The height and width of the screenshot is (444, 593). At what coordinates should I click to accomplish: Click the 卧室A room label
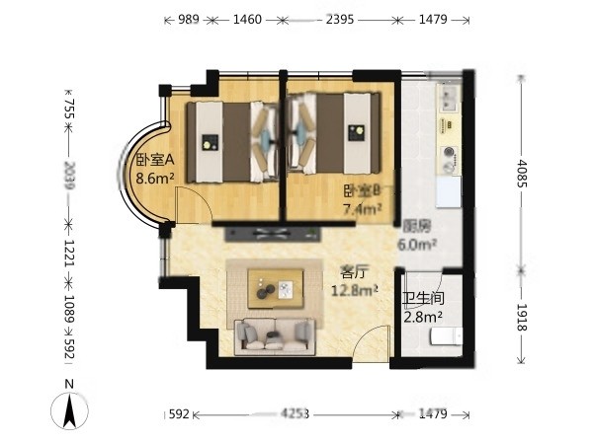[155, 160]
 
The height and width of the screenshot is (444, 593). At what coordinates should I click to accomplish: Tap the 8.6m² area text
[155, 178]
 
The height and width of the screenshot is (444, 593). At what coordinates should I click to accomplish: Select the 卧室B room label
[362, 191]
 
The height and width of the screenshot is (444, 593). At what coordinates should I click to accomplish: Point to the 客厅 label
[354, 271]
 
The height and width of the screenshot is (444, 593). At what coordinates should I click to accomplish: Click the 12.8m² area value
[355, 290]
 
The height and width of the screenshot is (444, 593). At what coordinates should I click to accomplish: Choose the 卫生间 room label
[423, 298]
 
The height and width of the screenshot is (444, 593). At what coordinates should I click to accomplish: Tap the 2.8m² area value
[423, 317]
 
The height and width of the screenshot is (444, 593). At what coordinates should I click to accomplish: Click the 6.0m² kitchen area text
[417, 245]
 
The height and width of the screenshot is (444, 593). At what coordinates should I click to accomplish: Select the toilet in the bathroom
[447, 336]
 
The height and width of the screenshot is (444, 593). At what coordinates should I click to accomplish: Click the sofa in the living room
[275, 336]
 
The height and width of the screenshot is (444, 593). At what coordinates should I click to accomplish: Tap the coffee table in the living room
[276, 289]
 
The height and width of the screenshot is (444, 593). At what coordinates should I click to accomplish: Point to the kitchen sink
[450, 99]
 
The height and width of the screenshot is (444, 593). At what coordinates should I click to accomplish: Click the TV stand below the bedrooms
[273, 234]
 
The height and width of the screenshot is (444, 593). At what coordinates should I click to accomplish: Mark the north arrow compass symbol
[69, 410]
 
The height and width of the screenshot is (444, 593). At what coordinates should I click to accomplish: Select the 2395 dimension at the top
[340, 20]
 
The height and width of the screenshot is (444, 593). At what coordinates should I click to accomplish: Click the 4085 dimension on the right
[522, 174]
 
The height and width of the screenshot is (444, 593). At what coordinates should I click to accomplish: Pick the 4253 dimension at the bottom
[295, 414]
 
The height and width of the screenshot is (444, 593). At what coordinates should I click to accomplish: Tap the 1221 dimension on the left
[69, 253]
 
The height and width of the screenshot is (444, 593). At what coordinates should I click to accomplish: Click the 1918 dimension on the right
[522, 317]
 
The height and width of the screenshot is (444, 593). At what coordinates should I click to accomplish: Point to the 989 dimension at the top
[189, 20]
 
